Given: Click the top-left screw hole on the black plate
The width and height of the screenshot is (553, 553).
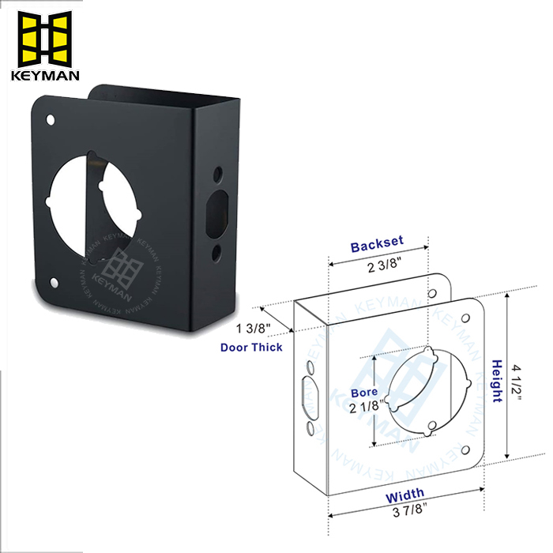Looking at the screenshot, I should tap(52, 121).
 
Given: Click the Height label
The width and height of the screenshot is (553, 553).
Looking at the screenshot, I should tap(498, 381).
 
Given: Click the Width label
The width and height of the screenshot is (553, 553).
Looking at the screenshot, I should tap(404, 495).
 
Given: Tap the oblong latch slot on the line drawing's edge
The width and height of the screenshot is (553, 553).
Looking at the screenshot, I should tap(308, 400).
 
